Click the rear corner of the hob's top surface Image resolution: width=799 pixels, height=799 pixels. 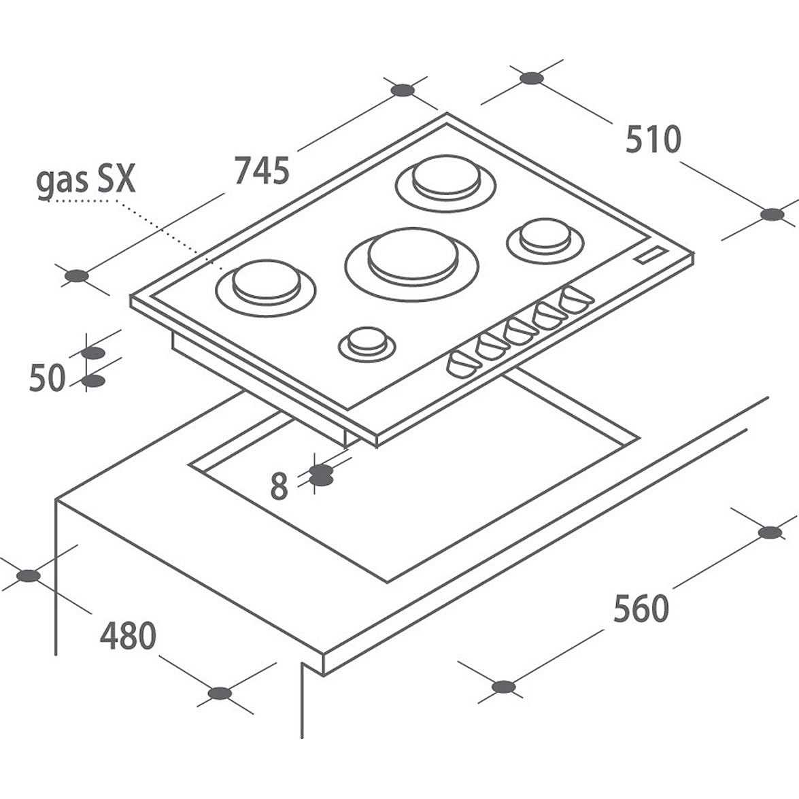click(446, 113)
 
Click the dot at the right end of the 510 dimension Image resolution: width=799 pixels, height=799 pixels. click(772, 214)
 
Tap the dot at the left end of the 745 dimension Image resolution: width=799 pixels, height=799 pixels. click(77, 276)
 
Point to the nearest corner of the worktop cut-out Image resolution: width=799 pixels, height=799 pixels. click(388, 581)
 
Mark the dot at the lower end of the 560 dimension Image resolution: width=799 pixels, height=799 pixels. click(503, 687)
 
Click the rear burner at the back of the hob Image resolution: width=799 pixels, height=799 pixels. click(446, 182)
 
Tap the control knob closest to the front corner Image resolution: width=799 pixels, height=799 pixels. click(462, 364)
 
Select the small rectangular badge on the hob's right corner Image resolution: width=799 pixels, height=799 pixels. click(650, 255)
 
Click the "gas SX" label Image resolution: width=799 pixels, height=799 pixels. click(86, 180)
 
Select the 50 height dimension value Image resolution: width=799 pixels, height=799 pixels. click(48, 377)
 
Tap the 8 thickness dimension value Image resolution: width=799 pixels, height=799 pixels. click(279, 486)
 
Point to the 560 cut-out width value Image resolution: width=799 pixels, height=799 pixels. click(641, 608)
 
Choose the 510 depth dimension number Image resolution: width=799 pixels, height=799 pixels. click(653, 139)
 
